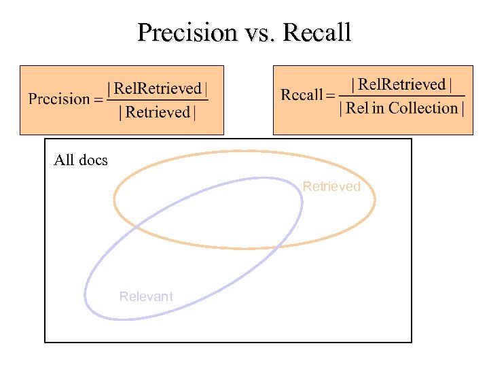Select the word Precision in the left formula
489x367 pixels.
(x=59, y=99)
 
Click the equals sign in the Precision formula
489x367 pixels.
(x=98, y=100)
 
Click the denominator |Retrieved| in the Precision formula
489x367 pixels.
(x=158, y=113)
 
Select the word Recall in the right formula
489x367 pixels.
(x=302, y=95)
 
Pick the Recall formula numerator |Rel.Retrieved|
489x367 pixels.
(x=401, y=84)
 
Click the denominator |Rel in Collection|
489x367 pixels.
(x=401, y=108)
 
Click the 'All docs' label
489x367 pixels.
(x=80, y=160)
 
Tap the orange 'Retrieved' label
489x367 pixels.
(x=331, y=186)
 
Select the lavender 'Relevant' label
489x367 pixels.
(x=146, y=296)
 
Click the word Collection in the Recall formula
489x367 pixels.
(x=423, y=108)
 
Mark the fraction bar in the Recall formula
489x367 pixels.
(x=401, y=96)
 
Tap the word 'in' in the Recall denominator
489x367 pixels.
(x=378, y=108)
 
